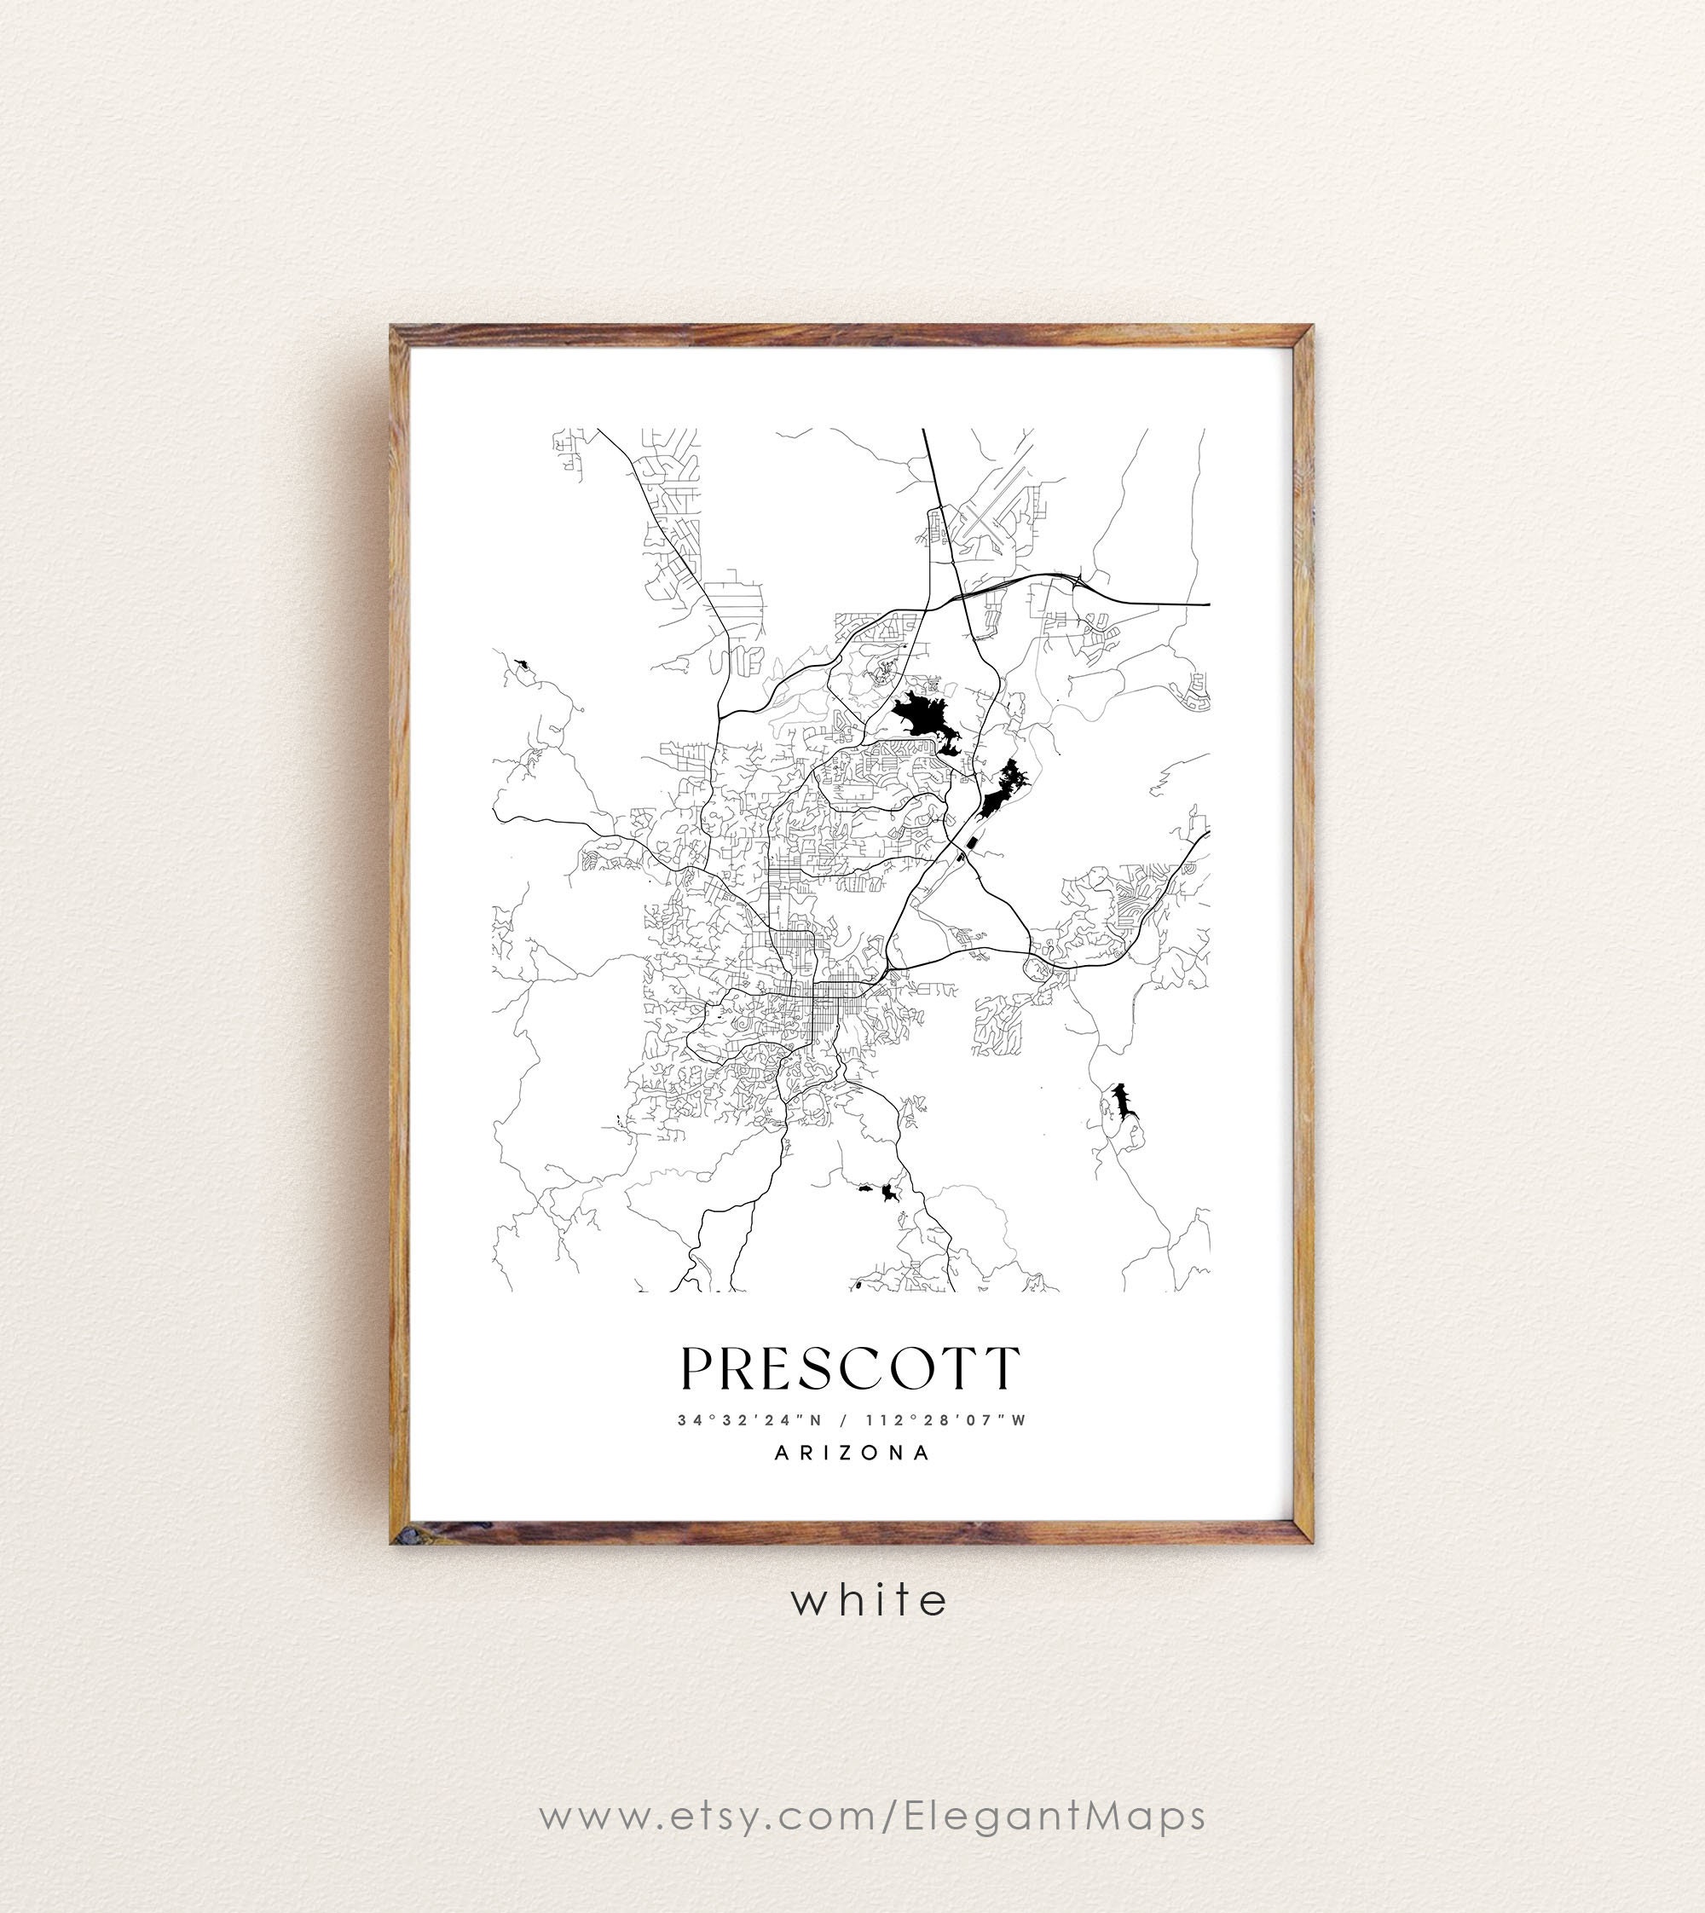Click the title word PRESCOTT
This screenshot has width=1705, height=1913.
(x=850, y=1369)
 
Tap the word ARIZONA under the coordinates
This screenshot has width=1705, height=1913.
(x=852, y=1453)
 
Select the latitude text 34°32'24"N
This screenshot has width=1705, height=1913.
(x=749, y=1420)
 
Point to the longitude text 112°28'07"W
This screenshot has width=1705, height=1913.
(x=946, y=1420)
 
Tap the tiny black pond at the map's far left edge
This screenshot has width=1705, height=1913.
(x=521, y=663)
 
